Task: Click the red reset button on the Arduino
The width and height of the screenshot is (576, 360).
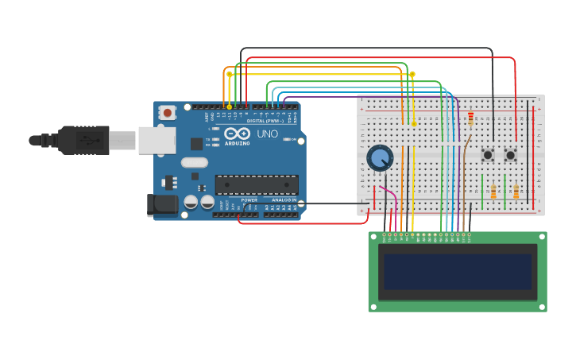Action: (x=167, y=112)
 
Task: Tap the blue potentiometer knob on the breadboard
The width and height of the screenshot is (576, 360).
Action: (x=380, y=157)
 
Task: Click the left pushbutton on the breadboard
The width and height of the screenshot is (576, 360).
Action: (x=488, y=154)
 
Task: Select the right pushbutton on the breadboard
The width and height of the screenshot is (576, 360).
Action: (x=511, y=154)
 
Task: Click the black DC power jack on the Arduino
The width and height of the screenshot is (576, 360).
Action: (x=163, y=205)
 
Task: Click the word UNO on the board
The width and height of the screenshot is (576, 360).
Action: (x=268, y=134)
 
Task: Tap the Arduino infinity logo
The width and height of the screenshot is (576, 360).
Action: (x=237, y=134)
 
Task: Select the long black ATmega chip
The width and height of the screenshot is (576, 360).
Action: (x=257, y=184)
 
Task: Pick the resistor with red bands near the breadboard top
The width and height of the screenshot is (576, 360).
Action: (x=470, y=118)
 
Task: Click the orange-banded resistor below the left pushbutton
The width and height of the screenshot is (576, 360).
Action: (x=493, y=192)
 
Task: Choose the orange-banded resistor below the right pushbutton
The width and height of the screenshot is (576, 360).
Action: (x=516, y=192)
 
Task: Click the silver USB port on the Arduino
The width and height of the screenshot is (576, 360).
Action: (x=157, y=140)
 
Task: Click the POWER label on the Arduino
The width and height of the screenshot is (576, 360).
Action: (x=249, y=200)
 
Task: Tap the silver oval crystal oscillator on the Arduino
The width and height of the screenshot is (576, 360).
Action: (x=194, y=163)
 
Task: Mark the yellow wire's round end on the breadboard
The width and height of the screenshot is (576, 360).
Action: (x=413, y=124)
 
